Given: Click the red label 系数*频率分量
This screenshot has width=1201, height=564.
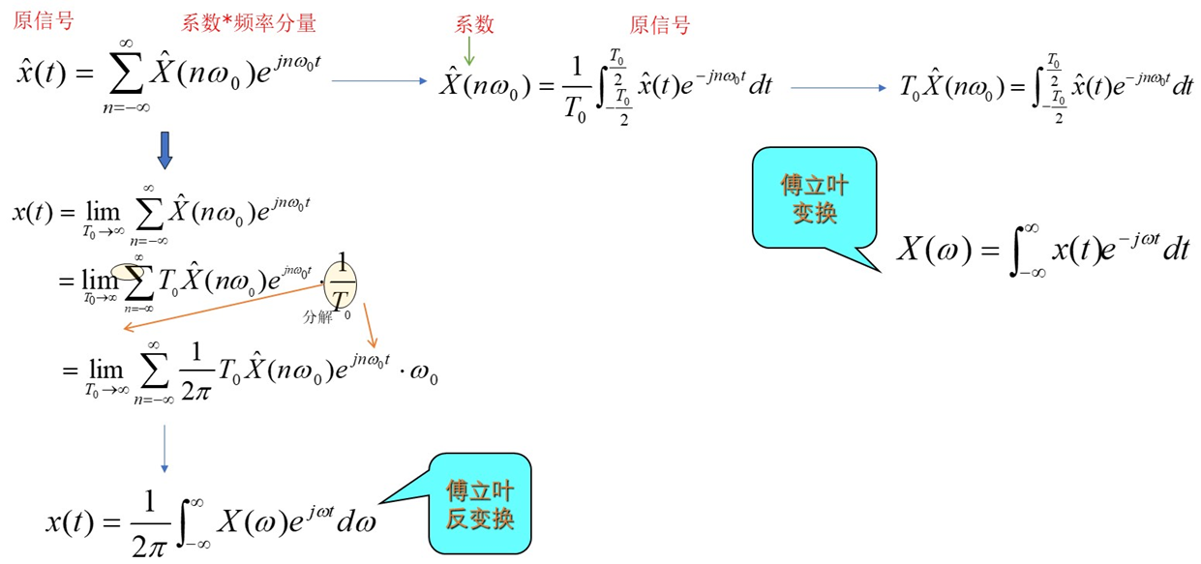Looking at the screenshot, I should point(248,24).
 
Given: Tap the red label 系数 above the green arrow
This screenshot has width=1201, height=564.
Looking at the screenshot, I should point(474,24).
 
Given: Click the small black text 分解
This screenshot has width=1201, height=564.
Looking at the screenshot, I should point(316,315).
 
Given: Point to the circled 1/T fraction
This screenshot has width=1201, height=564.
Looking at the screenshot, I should point(342,280).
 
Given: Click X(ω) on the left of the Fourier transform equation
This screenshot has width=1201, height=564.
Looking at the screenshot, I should point(933,249).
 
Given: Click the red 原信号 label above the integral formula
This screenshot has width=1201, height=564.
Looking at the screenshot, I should point(660,25).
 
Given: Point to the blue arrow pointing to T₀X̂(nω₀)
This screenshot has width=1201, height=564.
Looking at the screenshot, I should point(838,88).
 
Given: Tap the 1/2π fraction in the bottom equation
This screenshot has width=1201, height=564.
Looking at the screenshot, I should point(148,522).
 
